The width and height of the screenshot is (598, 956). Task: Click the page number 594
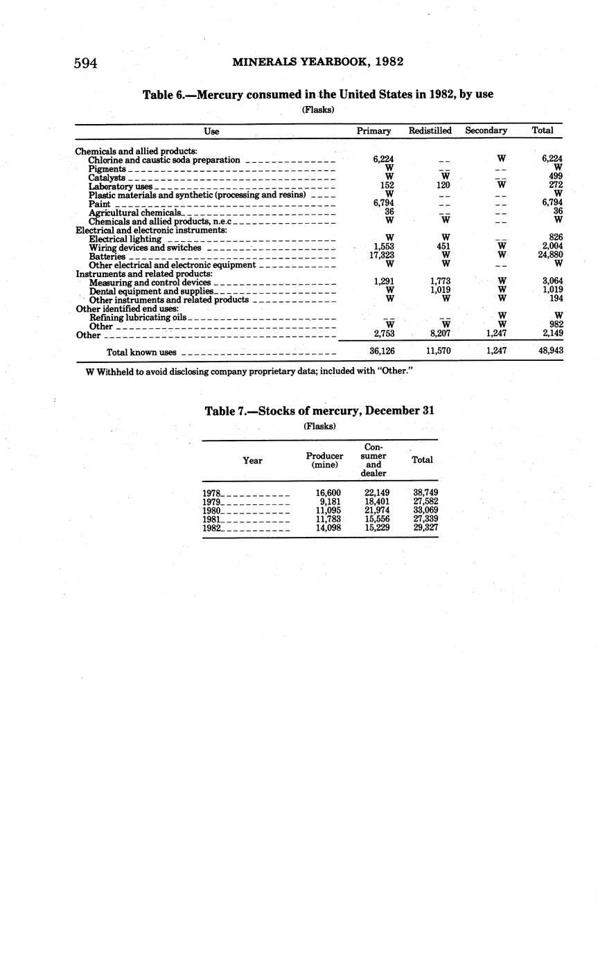85,64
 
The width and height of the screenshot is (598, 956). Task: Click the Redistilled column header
430,130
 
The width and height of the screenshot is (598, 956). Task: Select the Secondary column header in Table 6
486,130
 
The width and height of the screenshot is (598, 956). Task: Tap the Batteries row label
107,256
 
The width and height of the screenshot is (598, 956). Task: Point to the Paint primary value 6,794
382,203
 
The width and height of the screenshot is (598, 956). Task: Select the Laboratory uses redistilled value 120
443,186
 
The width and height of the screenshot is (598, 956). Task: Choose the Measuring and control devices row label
150,283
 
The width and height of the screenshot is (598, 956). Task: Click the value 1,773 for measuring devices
440,282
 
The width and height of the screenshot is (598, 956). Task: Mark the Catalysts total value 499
554,177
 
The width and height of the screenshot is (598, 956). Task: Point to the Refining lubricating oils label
137,317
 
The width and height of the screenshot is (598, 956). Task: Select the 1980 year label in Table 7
211,510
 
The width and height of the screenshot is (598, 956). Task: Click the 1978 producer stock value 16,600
328,493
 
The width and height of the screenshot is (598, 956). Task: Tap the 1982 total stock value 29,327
425,527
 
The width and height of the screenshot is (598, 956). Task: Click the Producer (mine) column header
324,460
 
